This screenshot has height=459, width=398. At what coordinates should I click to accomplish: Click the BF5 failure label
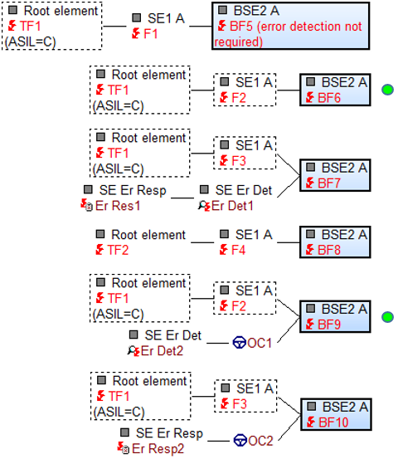[289, 34]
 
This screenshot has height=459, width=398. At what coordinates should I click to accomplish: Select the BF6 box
[335, 90]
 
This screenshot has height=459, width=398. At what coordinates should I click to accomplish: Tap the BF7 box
[335, 175]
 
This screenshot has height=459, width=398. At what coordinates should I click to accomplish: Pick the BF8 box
[335, 242]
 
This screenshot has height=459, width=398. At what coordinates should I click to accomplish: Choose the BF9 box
[335, 316]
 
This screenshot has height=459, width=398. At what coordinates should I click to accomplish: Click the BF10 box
[336, 414]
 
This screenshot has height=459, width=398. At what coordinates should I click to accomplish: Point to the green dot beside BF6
[388, 90]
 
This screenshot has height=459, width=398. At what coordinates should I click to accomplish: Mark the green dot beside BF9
[388, 317]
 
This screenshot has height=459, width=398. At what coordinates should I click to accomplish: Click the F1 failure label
[151, 34]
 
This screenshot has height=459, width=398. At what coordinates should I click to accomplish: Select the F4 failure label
[238, 250]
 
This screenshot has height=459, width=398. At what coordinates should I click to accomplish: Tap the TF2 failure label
[118, 250]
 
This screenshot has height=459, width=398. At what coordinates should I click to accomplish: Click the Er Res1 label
[118, 206]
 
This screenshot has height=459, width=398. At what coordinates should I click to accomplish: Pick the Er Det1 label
[232, 206]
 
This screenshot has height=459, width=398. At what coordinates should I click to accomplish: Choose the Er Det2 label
[162, 351]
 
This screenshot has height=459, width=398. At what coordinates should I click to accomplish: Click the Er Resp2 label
[158, 448]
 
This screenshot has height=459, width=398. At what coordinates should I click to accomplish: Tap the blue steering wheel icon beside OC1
[239, 343]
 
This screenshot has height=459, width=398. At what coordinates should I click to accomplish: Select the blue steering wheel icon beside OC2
[240, 440]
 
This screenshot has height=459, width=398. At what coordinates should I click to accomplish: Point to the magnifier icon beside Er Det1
[201, 205]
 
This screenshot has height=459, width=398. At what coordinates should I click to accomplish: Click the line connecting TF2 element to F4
[202, 242]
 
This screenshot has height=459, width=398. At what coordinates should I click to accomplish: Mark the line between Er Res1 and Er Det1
[182, 198]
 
